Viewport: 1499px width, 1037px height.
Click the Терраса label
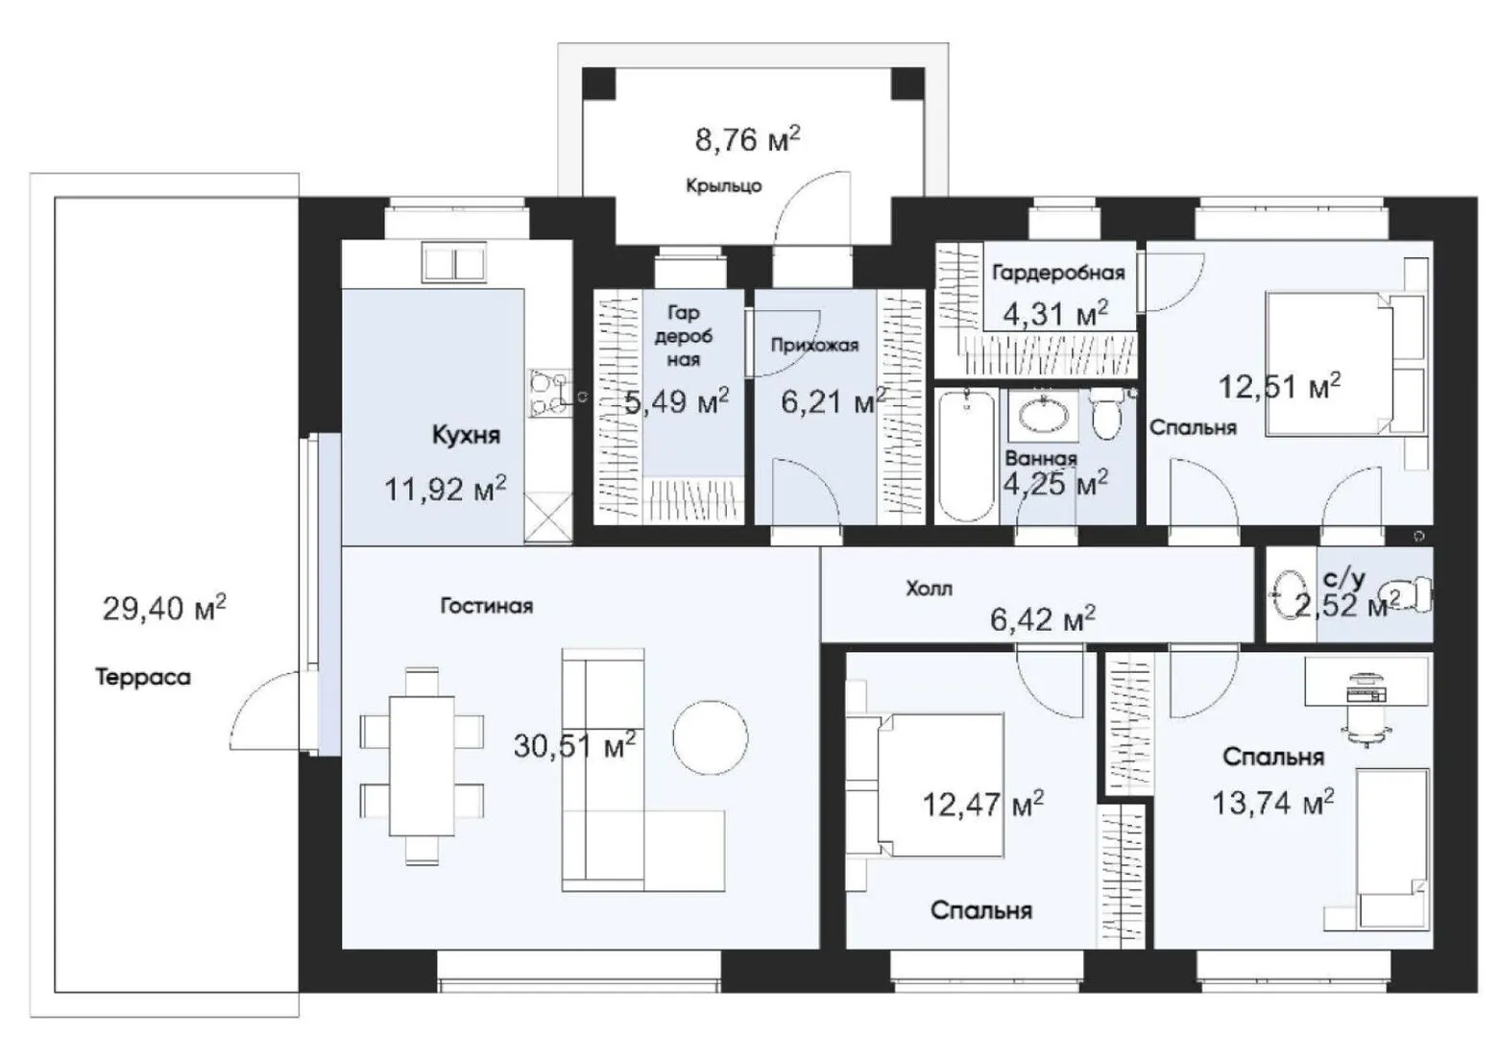142,677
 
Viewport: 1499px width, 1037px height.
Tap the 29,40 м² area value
164,608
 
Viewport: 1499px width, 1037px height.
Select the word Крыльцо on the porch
723,185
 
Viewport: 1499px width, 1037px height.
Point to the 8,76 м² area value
747,139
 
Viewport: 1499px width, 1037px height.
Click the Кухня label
467,435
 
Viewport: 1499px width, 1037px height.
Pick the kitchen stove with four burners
550,394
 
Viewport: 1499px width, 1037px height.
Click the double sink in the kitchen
454,262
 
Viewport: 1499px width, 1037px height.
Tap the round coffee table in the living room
710,738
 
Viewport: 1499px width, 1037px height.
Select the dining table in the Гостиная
422,766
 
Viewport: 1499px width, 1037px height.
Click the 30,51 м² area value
575,745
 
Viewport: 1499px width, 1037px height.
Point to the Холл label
929,589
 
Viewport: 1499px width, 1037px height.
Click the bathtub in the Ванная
966,456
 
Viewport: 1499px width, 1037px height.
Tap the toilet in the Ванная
1106,414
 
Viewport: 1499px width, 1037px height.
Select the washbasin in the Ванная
1043,415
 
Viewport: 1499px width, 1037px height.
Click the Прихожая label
814,346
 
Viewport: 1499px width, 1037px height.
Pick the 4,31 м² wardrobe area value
1055,313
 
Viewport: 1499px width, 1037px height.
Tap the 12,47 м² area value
983,804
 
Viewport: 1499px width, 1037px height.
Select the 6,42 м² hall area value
1043,619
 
